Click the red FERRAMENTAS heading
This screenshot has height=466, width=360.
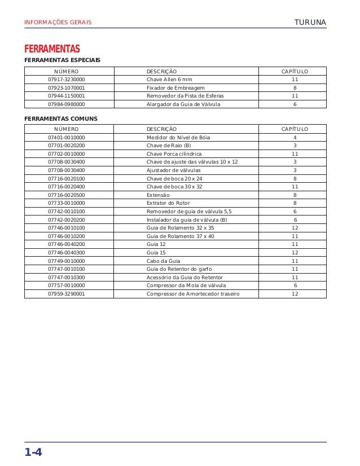(x=52, y=49)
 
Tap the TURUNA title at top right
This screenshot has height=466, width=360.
(x=310, y=23)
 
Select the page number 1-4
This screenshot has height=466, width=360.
(x=33, y=452)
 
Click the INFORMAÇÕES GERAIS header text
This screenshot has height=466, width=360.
(x=58, y=23)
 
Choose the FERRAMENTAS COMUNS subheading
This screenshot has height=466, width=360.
(x=60, y=118)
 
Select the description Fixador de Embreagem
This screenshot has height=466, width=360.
(x=175, y=88)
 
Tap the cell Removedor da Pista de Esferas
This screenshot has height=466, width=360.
(x=185, y=96)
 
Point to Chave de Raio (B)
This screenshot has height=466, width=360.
(x=169, y=146)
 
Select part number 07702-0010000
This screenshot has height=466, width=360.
(x=67, y=154)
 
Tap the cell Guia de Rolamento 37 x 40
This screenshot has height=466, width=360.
(x=180, y=236)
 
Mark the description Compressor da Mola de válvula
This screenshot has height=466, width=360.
(x=186, y=285)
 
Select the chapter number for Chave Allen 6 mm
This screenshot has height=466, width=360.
(x=295, y=80)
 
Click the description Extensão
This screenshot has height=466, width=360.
(x=158, y=195)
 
